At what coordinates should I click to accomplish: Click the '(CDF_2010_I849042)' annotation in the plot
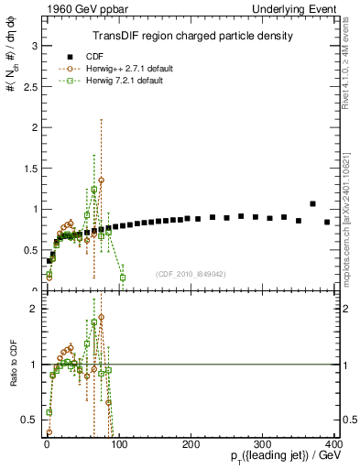point(191,274)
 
